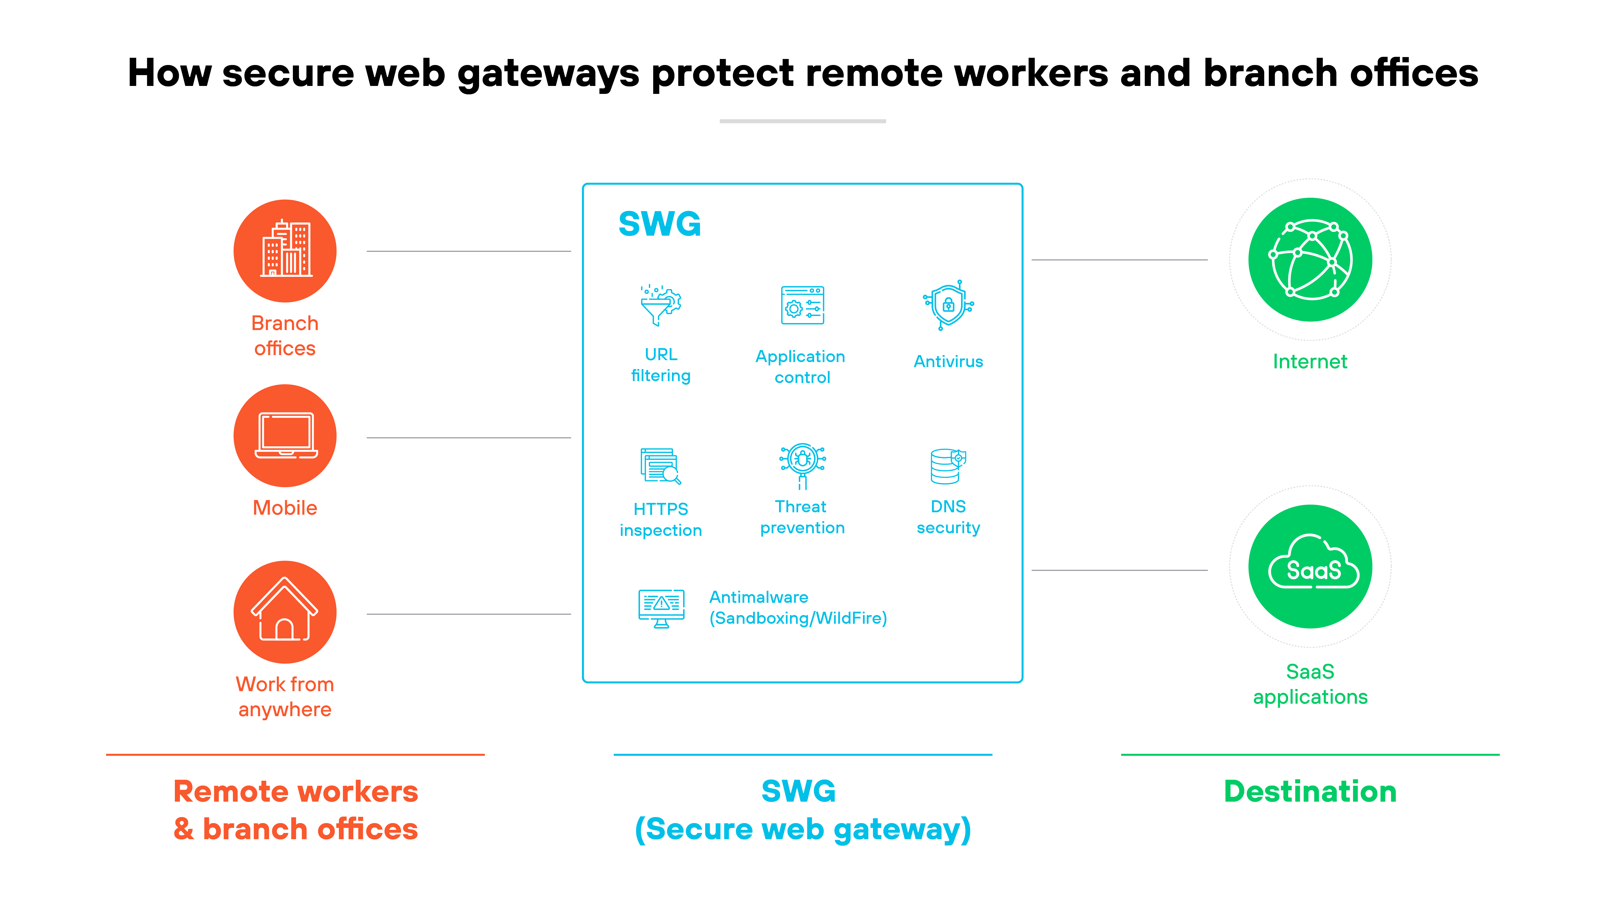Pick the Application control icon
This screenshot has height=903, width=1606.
(802, 305)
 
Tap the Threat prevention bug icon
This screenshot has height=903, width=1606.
(802, 464)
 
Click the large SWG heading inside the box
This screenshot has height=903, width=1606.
(660, 224)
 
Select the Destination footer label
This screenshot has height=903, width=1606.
(1310, 792)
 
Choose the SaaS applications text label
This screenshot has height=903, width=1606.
(1310, 684)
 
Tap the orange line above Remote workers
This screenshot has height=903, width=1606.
(295, 755)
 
